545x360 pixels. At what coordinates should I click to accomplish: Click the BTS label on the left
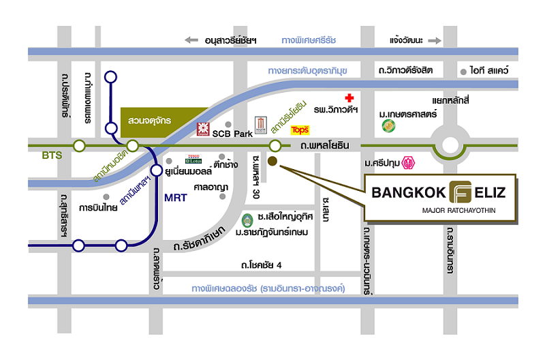(51, 155)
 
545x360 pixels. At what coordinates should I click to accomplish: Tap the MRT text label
(174, 198)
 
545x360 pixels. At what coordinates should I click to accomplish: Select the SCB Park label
(233, 134)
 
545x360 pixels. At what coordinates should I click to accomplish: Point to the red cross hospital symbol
(350, 98)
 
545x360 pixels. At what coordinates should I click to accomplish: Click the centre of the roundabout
(451, 145)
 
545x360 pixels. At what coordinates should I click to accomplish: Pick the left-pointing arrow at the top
(193, 40)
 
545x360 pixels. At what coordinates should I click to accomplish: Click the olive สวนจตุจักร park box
(149, 120)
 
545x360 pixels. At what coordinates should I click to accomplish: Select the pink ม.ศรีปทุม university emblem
(409, 163)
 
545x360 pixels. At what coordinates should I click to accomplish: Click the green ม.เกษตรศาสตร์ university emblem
(388, 125)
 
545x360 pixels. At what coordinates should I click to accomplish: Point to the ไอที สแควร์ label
(493, 70)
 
